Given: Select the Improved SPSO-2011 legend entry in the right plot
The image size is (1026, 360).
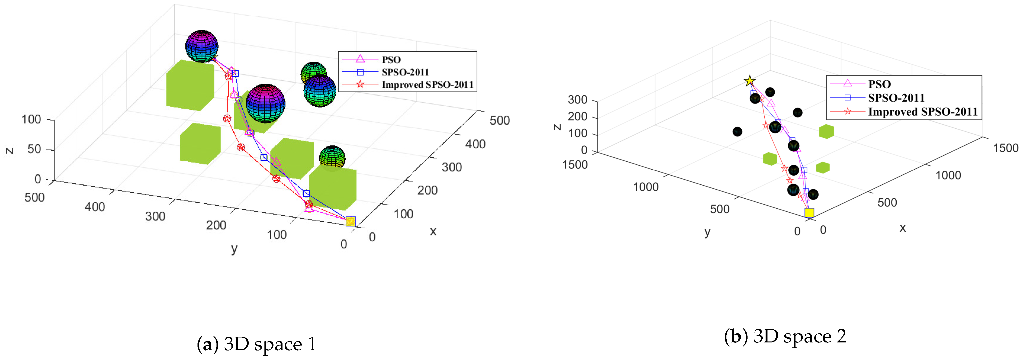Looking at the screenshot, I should click(x=922, y=112).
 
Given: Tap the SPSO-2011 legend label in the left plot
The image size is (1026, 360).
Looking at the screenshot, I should click(x=405, y=72).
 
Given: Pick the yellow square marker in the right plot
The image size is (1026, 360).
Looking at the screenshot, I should click(x=809, y=213).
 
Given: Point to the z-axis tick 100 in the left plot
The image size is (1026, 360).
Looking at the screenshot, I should click(x=31, y=119).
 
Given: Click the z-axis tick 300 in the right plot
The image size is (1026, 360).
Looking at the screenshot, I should click(x=578, y=100).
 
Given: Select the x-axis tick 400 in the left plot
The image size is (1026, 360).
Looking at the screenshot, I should click(x=475, y=144).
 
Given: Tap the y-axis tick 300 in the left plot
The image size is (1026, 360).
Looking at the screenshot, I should click(x=155, y=216).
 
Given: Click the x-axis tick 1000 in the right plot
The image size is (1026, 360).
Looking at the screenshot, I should click(x=948, y=175).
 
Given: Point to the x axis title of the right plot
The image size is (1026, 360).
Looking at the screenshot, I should click(x=903, y=228).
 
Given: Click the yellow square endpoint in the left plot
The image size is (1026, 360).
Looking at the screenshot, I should click(x=350, y=221).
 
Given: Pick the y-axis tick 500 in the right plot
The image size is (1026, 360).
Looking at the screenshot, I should click(x=719, y=209).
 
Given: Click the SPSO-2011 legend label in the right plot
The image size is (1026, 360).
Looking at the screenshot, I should click(x=896, y=98).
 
